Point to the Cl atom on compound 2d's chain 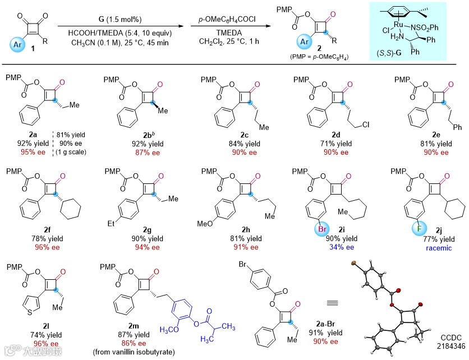coord(362,109)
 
